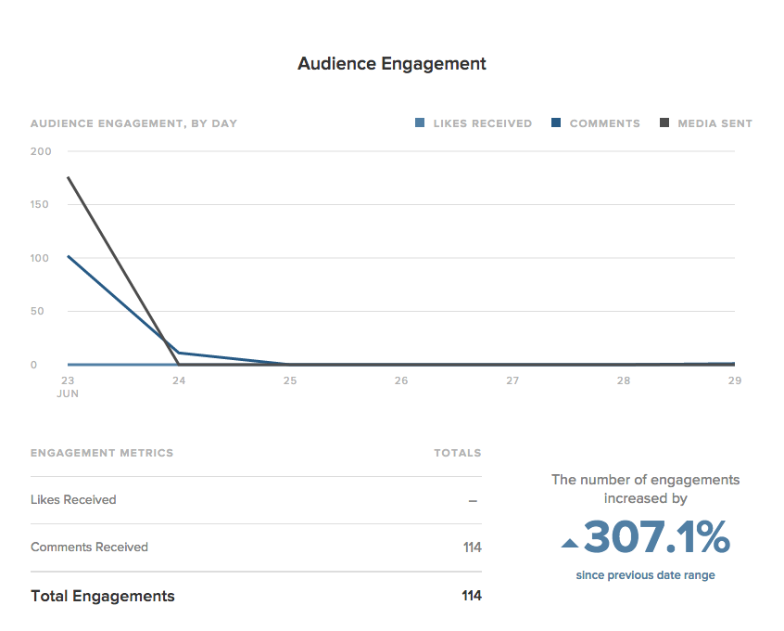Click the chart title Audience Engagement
coord(391,64)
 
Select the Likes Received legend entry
coord(474,123)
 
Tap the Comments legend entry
coord(595,123)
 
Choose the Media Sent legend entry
coord(705,123)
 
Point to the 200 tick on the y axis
coord(41,151)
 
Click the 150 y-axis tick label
coord(41,204)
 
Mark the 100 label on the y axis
coord(41,258)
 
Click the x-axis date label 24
coord(179,380)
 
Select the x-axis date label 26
coord(401,380)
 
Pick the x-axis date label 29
coord(734,380)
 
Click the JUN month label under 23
coord(68,393)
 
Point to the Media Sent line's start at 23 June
coord(69,177)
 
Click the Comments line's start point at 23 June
coord(69,256)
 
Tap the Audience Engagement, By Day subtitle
coord(133,123)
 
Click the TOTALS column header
coord(457,453)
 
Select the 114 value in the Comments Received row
coord(472,547)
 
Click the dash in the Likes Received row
coord(473,500)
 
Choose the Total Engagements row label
coord(102,596)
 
